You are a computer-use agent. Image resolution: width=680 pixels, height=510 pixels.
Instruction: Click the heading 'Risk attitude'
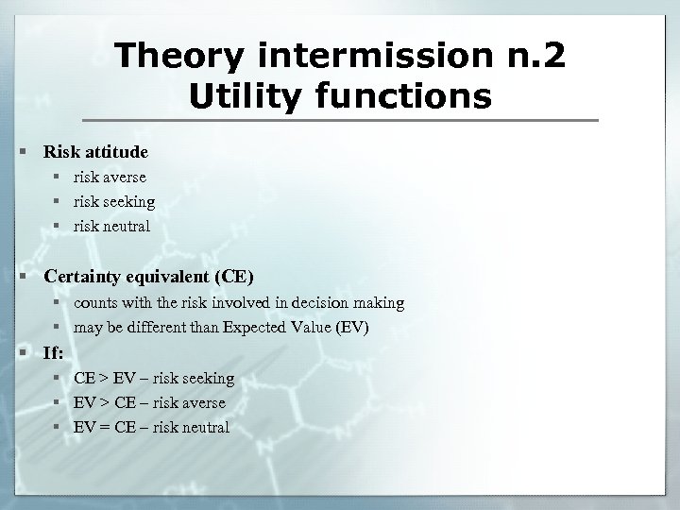point(95,151)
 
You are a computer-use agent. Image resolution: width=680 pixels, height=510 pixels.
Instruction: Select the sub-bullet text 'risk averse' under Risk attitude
point(110,177)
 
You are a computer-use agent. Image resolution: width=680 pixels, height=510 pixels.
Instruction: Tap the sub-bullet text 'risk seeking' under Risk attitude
point(114,201)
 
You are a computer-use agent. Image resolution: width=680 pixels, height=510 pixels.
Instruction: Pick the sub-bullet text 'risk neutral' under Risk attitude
point(112,227)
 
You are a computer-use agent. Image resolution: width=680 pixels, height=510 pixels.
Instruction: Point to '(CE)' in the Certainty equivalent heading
point(233,277)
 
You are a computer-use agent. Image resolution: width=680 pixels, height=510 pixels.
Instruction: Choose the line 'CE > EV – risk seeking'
point(154,378)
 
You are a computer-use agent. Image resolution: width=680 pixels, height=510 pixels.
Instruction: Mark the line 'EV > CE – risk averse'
point(149,402)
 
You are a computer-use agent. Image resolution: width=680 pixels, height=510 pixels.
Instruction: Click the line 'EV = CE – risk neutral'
point(151,428)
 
